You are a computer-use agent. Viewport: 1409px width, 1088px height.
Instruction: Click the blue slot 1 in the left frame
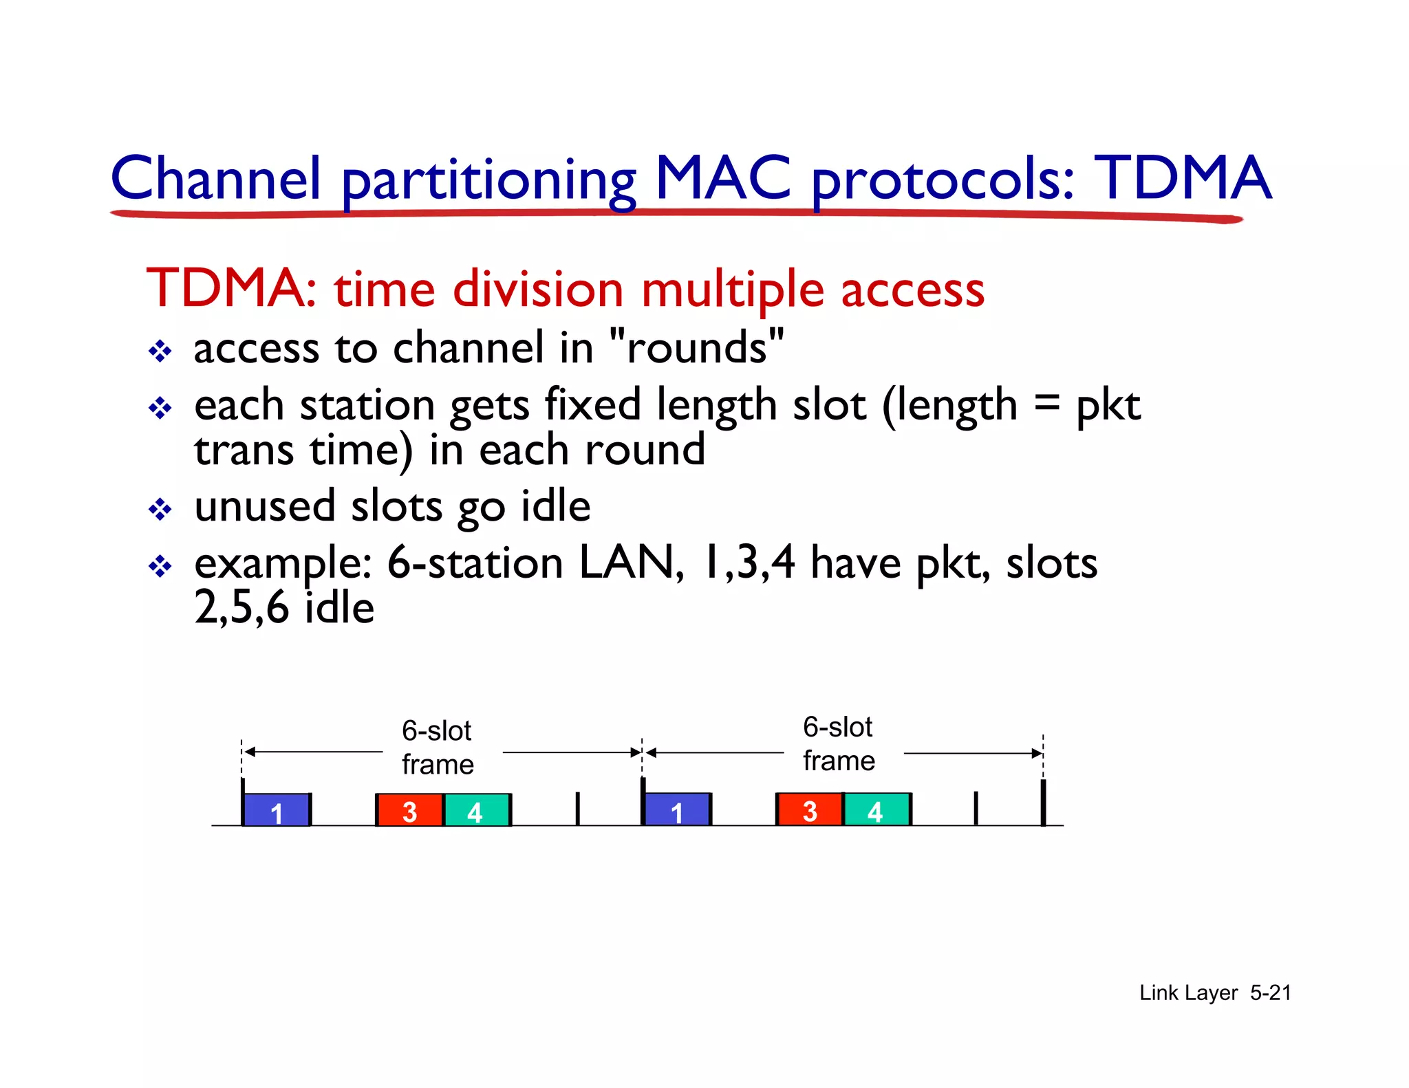[x=277, y=810]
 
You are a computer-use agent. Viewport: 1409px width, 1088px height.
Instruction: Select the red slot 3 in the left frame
[x=409, y=810]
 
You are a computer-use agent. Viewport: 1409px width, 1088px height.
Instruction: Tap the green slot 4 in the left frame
[x=476, y=810]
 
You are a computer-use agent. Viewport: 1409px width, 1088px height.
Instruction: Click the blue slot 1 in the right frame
[x=677, y=809]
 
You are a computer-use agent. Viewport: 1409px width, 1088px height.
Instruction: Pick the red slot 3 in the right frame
[x=810, y=809]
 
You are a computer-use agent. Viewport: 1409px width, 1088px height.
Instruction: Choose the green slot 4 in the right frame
[x=876, y=809]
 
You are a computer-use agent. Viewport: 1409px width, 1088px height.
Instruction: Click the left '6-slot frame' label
[x=438, y=748]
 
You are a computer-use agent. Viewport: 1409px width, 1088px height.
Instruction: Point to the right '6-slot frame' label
[x=839, y=744]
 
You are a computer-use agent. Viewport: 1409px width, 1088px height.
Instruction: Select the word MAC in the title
[x=722, y=179]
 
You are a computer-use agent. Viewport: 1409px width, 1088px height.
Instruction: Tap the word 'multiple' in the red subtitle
[x=732, y=290]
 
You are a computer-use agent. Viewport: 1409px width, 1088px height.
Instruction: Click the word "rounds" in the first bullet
[x=698, y=347]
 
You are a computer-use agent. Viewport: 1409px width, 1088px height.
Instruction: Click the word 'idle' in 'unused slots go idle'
[x=555, y=507]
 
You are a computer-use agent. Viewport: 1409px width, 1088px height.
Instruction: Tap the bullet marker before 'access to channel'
[x=160, y=351]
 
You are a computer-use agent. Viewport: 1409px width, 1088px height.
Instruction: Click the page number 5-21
[x=1270, y=992]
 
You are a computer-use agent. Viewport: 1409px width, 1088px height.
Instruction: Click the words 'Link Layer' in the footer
[x=1188, y=992]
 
